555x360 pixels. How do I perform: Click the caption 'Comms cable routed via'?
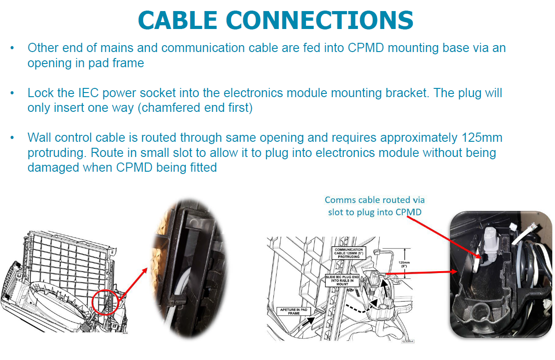[375, 200]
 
